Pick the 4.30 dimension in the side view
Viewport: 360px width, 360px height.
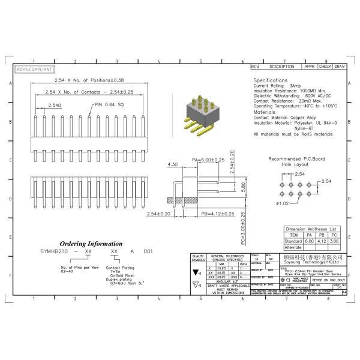172,164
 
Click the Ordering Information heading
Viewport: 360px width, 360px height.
92,244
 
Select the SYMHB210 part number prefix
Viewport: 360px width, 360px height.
52,252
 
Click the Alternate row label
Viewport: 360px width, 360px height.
293,247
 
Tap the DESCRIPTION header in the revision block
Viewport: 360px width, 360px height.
281,67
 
